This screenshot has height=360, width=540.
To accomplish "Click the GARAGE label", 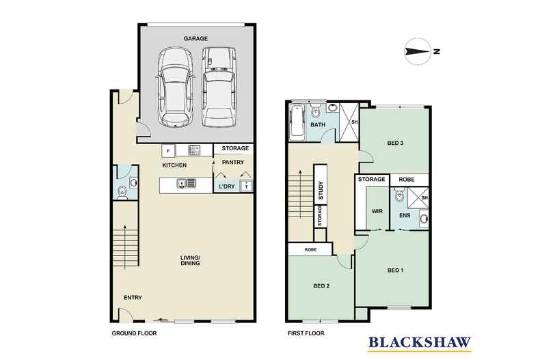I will click(x=196, y=39).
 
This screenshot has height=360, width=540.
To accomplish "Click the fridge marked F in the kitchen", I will click(x=166, y=150).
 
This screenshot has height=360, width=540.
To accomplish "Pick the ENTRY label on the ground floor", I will click(x=133, y=298).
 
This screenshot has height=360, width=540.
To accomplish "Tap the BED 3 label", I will click(x=395, y=143).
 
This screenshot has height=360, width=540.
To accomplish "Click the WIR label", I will click(x=377, y=212).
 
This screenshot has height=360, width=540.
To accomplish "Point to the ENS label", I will click(x=404, y=216).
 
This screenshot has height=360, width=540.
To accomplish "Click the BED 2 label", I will click(x=321, y=286).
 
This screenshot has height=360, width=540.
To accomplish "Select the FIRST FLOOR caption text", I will click(x=305, y=334).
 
